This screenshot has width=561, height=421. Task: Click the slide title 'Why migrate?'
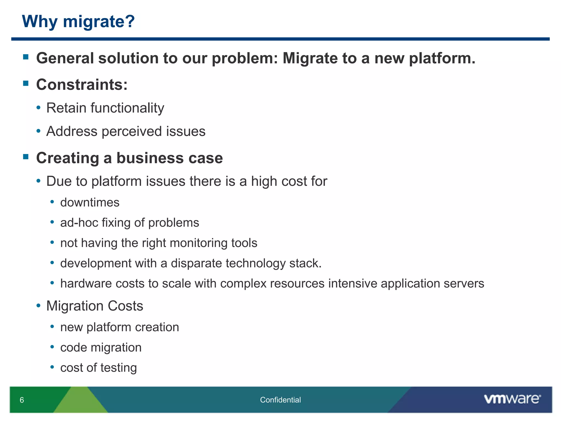78,21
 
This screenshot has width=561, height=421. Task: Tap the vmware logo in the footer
512,399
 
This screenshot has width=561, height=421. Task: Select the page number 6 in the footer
22,400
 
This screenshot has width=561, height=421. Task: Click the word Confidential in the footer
280,400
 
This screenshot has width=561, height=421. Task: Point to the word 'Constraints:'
82,84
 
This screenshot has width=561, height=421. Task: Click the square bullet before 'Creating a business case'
26,157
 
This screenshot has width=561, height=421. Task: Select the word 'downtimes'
90,203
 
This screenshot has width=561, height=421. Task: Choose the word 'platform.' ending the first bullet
442,58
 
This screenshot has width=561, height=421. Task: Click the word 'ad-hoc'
79,223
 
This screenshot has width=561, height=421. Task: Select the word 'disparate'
196,263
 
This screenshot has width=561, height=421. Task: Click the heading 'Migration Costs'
95,306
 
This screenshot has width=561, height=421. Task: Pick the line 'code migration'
101,348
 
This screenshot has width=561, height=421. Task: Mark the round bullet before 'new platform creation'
52,327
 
